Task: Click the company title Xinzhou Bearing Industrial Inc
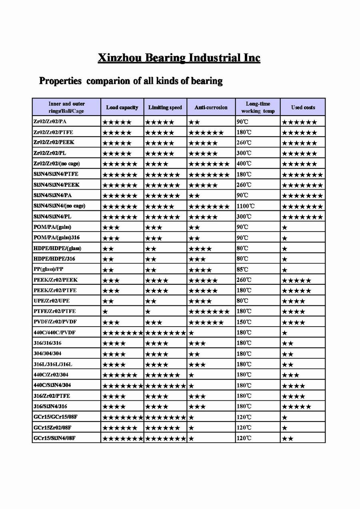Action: click(179, 58)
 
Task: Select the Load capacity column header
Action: click(122, 107)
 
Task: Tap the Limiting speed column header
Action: click(165, 107)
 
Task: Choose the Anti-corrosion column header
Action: click(211, 107)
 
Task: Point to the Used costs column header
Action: click(303, 107)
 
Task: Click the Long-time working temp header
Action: click(258, 107)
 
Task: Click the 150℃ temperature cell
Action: click(244, 322)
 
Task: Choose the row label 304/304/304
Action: click(48, 353)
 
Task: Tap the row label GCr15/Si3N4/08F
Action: click(55, 438)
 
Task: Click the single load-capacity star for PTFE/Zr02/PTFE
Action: click(105, 311)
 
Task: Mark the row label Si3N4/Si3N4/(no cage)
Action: click(60, 206)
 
